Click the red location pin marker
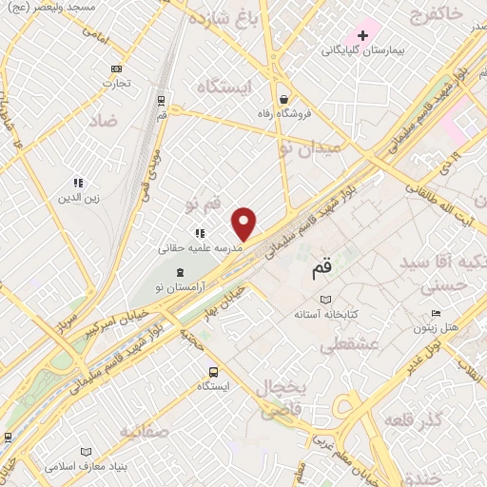click(244, 223)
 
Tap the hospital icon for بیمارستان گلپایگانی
click(363, 35)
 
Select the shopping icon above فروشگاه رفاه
click(283, 99)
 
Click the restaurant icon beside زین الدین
click(80, 183)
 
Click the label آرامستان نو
click(167, 286)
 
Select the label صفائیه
click(144, 431)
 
